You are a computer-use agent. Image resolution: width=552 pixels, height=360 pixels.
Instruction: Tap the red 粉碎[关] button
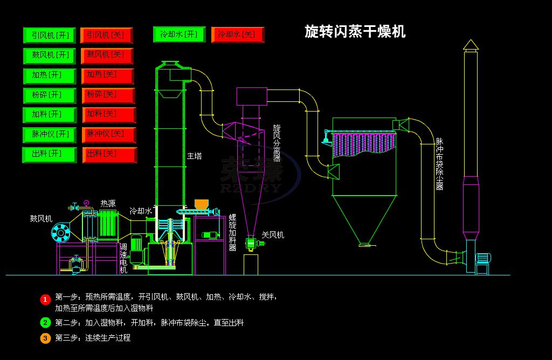click(108, 95)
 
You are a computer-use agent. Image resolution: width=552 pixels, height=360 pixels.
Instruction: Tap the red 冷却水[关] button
click(237, 34)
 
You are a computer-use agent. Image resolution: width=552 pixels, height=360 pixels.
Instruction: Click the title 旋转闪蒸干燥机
click(355, 31)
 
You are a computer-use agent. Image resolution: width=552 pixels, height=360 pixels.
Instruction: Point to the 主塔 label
click(194, 156)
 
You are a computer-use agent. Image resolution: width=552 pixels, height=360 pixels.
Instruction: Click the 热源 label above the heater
click(108, 204)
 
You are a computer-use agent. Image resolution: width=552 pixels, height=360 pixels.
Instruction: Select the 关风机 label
click(273, 235)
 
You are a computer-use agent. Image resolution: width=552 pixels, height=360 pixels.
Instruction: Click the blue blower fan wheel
click(61, 233)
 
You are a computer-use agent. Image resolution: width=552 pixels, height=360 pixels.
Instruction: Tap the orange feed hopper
click(202, 204)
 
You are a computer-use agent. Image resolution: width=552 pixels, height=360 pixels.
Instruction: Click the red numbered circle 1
click(45, 299)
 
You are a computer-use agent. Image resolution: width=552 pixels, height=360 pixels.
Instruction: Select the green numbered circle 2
click(45, 323)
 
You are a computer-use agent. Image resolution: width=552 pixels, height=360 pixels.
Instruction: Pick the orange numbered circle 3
click(45, 338)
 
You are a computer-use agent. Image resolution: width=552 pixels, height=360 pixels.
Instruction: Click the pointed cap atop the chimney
click(471, 45)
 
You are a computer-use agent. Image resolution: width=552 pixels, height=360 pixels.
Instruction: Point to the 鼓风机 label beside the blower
click(41, 219)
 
